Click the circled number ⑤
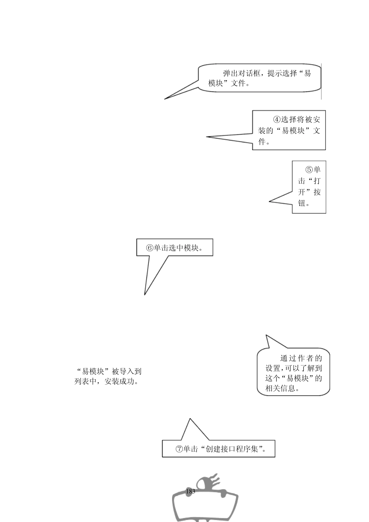coord(309,170)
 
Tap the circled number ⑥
coord(150,248)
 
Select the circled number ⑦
coord(179,449)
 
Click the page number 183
coord(191,491)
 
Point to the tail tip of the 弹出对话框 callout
coord(165,99)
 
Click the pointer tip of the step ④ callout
coord(207,137)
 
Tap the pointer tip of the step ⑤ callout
coord(270,201)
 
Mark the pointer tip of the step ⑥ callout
coord(145,294)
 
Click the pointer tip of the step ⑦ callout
coord(190,419)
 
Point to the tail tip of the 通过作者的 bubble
coord(266,335)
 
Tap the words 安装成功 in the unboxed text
coord(122,382)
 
